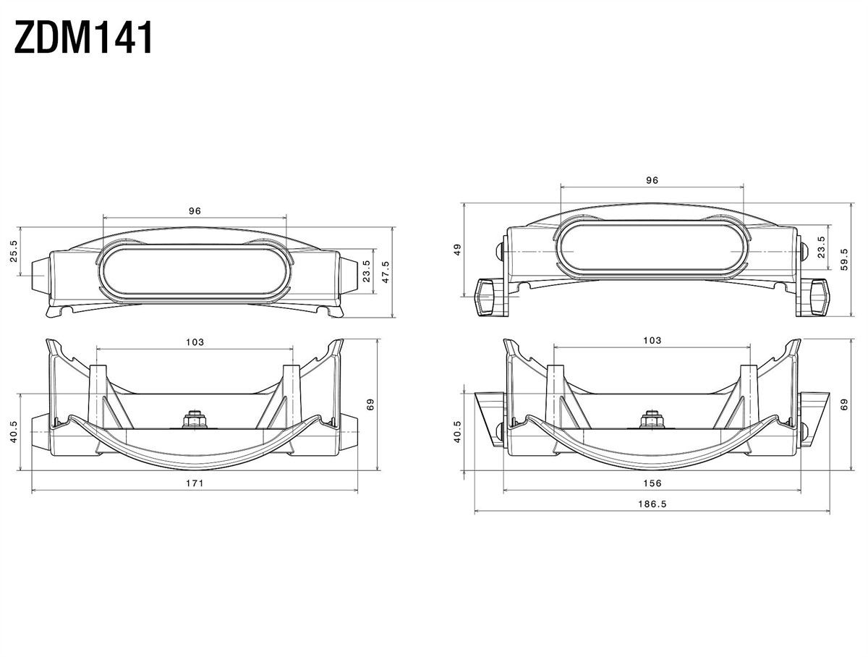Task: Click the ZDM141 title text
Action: coord(83,37)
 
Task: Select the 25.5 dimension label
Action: coord(14,251)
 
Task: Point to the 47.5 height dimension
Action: coord(386,272)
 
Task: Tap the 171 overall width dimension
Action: coord(195,483)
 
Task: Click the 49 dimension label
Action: coord(458,250)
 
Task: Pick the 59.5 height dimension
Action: coord(844,259)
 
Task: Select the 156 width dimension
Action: coord(652,483)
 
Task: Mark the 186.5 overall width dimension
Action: coord(652,504)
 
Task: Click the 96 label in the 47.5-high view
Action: coord(195,211)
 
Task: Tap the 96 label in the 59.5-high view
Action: coord(652,180)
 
